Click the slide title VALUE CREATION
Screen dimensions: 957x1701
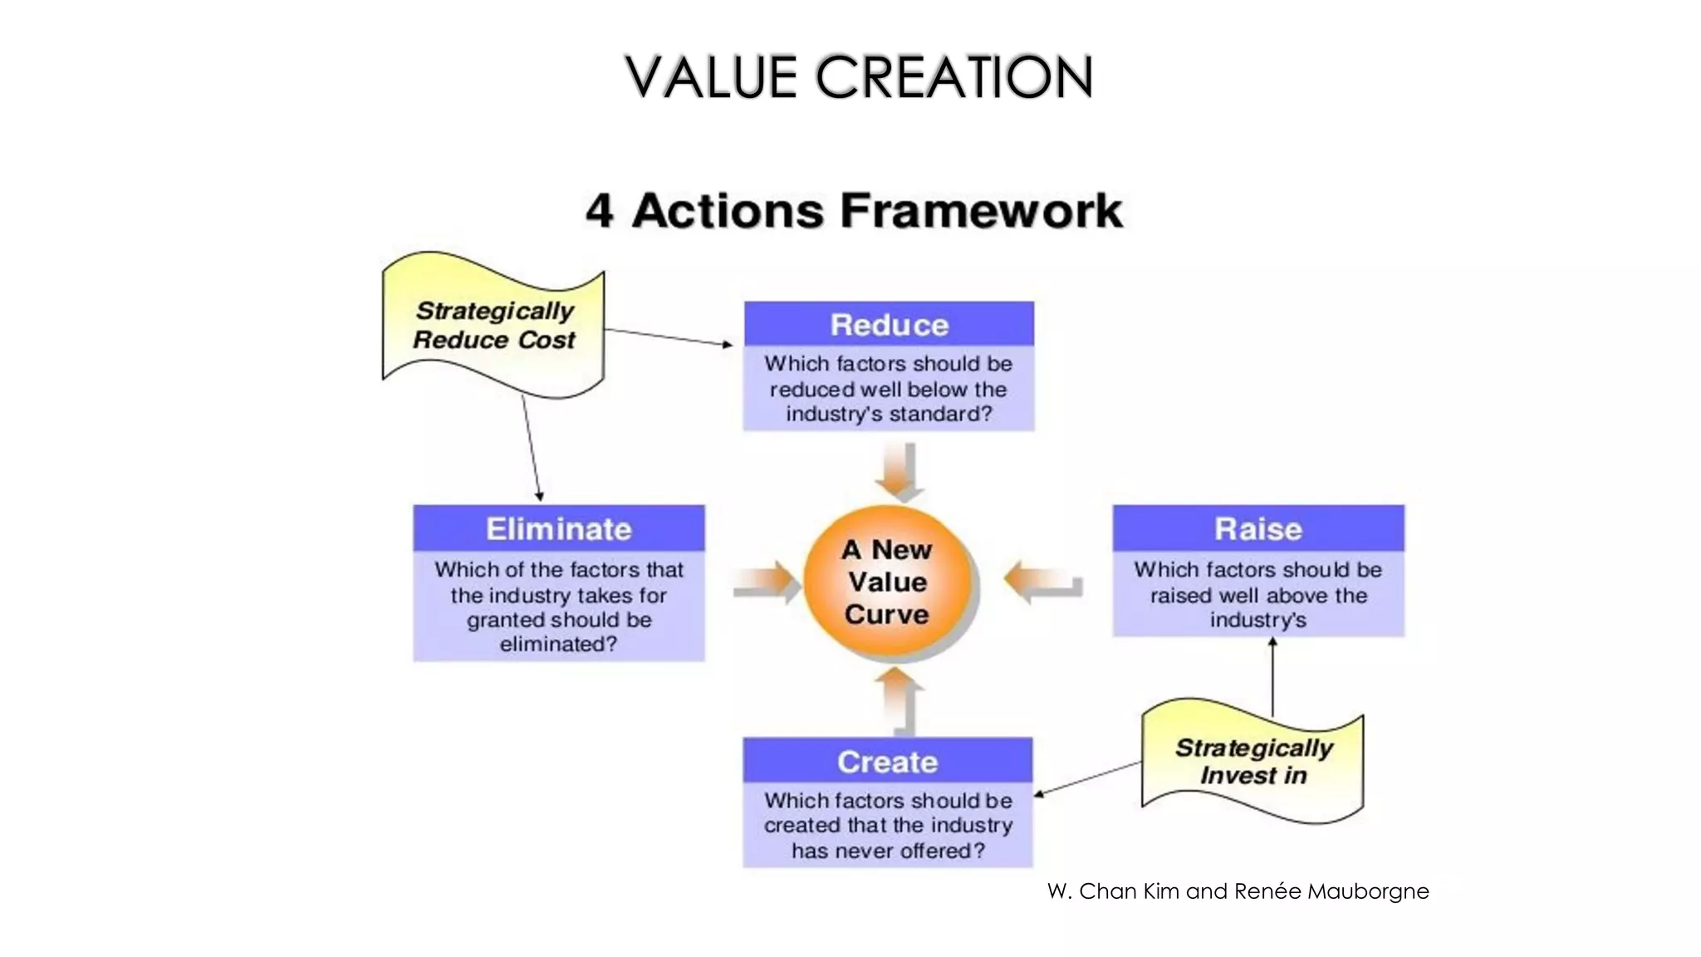pos(858,76)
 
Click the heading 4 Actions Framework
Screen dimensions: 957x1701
pos(854,210)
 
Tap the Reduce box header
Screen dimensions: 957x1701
pos(889,325)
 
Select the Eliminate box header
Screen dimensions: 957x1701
pos(558,529)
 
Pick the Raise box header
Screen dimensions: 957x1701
pos(1257,529)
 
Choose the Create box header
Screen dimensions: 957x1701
pos(887,761)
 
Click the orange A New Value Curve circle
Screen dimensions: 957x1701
pos(887,582)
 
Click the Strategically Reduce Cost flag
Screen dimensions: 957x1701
pos(493,326)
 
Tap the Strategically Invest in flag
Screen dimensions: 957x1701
pos(1252,761)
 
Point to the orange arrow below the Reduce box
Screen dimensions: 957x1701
pos(900,471)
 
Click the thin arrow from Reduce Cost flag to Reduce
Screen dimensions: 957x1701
pos(669,337)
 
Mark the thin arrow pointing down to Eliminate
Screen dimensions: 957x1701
pos(532,449)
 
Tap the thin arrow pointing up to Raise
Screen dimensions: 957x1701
pos(1272,677)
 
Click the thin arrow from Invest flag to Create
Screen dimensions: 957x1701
pos(1088,779)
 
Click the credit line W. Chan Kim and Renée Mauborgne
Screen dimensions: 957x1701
pos(1238,891)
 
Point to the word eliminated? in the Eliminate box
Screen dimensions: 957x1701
pos(558,645)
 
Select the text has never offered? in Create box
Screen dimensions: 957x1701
pos(887,851)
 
